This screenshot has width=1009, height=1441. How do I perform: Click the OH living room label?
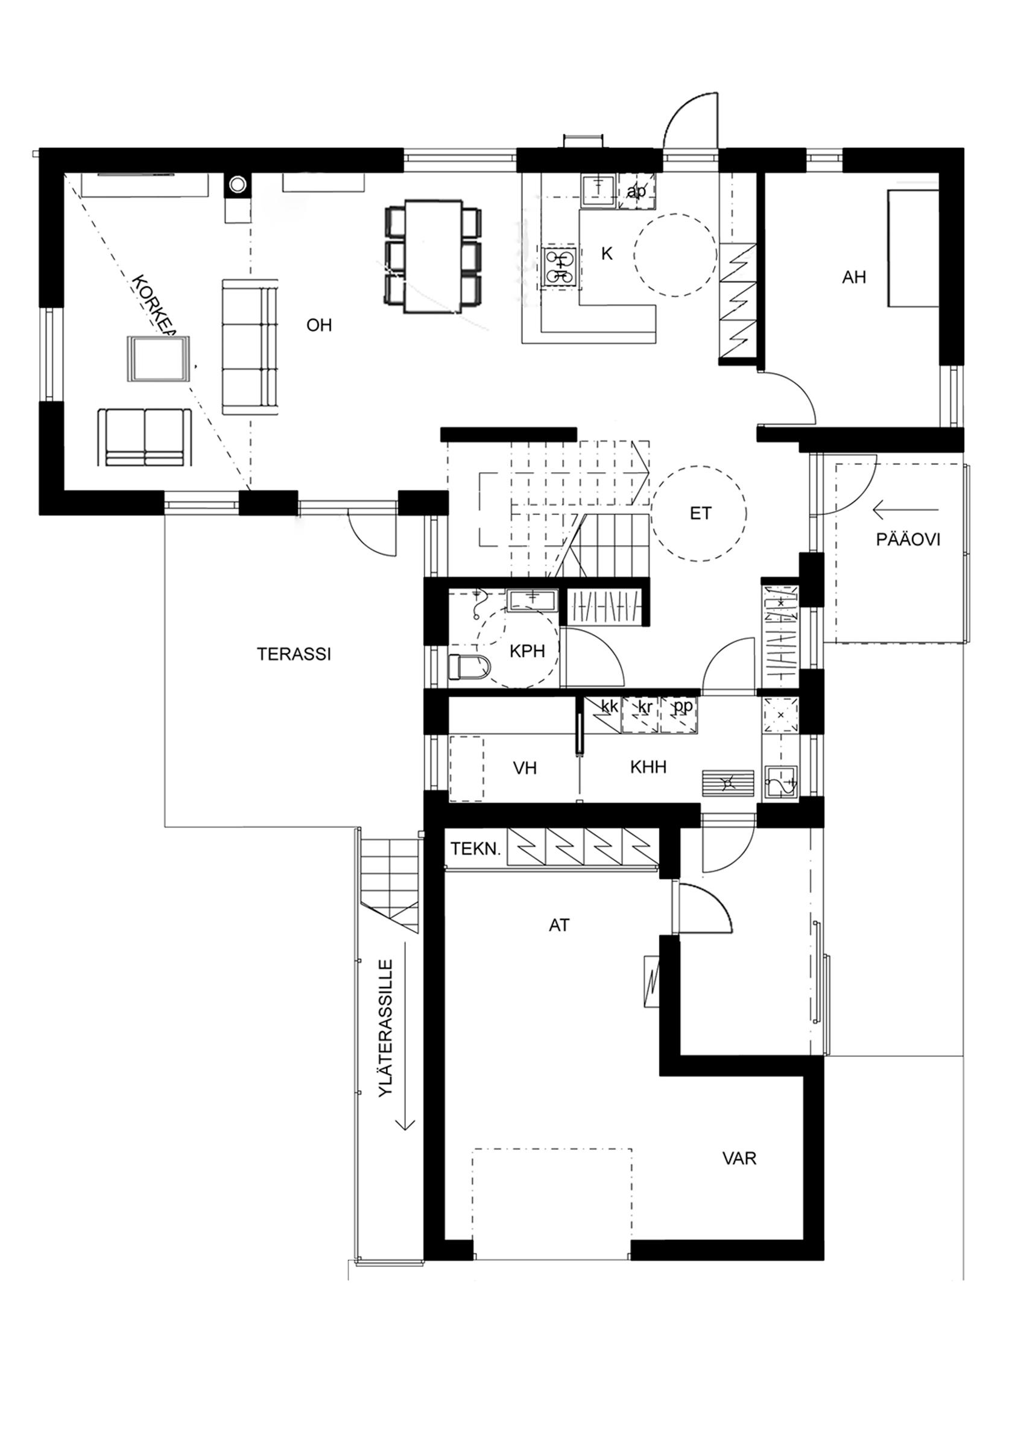319,325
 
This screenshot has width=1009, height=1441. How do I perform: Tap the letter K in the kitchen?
607,254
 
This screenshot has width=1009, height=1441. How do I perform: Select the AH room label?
854,277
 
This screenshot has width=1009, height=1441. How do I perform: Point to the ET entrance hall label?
701,513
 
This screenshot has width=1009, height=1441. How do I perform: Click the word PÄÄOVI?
908,539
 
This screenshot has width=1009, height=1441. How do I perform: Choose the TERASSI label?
294,654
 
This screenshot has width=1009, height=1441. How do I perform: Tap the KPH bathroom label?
527,651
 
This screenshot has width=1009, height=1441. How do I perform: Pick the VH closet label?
525,768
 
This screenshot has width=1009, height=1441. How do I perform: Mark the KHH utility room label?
648,766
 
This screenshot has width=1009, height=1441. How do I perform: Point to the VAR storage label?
739,1158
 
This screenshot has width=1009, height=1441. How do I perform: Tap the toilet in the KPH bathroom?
470,666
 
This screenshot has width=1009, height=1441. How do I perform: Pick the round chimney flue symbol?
238,184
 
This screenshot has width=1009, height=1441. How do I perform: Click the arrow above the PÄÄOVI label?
904,509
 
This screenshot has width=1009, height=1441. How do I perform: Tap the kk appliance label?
609,707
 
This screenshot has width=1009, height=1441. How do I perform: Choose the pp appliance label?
683,707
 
